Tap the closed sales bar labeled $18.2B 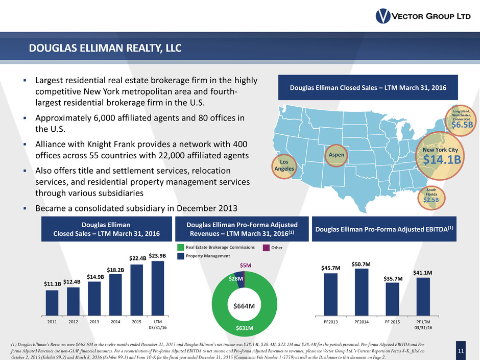[x=115, y=295]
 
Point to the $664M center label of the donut [x=244, y=306]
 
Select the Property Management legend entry [x=203, y=255]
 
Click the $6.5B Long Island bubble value [x=462, y=124]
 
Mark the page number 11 [x=462, y=350]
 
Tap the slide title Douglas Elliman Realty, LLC [x=105, y=49]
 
